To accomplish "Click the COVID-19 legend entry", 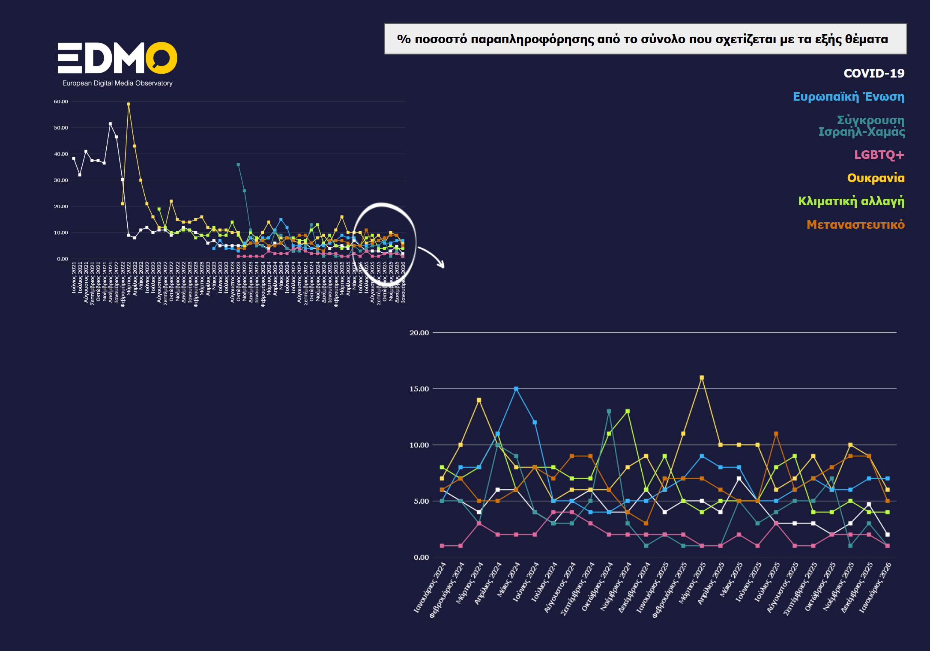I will pos(874,73).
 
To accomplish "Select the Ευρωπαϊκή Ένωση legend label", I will pos(848,97).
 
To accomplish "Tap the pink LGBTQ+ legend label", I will pos(879,155).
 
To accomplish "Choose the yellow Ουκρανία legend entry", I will pos(876,178).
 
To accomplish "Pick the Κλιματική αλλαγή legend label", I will pos(851,201).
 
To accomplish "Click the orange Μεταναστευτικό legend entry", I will pos(855,224).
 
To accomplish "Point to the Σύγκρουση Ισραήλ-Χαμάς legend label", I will pos(861,126).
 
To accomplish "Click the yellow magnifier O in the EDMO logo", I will pos(161,58).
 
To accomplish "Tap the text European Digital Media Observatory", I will pos(117,83).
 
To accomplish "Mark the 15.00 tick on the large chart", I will pos(419,389).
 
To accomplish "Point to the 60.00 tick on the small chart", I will pos(61,102).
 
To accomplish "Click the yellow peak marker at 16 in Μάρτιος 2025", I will pos(702,378).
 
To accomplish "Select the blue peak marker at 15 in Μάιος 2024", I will pos(516,389).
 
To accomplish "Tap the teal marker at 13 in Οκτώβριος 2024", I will pos(609,411).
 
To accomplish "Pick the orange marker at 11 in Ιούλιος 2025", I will pos(776,434).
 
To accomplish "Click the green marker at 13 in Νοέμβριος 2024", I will pos(628,411).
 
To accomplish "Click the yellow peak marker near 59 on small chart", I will pos(129,104).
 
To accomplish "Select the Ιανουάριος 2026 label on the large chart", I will pos(876,588).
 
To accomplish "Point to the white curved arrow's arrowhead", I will pos(442,266).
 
